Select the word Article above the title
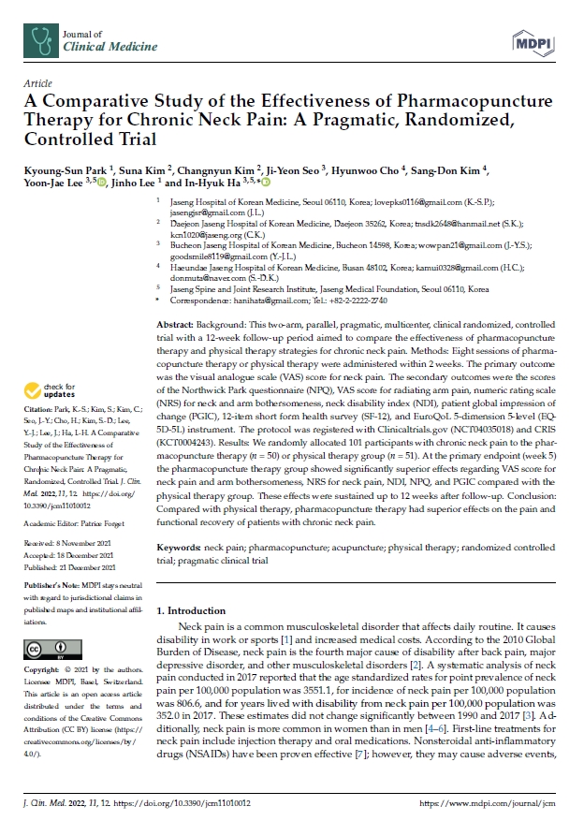click(38, 83)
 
